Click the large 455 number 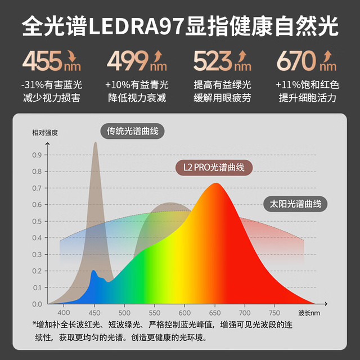[x=42, y=61]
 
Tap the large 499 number [x=128, y=61]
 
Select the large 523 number [x=213, y=61]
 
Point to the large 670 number [x=297, y=61]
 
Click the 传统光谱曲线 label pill [x=133, y=131]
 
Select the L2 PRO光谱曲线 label [x=214, y=168]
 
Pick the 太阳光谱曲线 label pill [x=295, y=204]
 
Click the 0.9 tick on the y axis [x=37, y=155]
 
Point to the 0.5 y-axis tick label [x=37, y=221]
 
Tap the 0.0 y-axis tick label [x=37, y=304]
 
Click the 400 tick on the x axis [x=64, y=313]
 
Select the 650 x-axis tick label [x=215, y=313]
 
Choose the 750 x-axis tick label [x=274, y=313]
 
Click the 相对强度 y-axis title [x=45, y=133]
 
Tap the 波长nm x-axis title [x=309, y=313]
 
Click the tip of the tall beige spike [x=96, y=142]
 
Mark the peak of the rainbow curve [x=216, y=183]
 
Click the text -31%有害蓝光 [x=52, y=85]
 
